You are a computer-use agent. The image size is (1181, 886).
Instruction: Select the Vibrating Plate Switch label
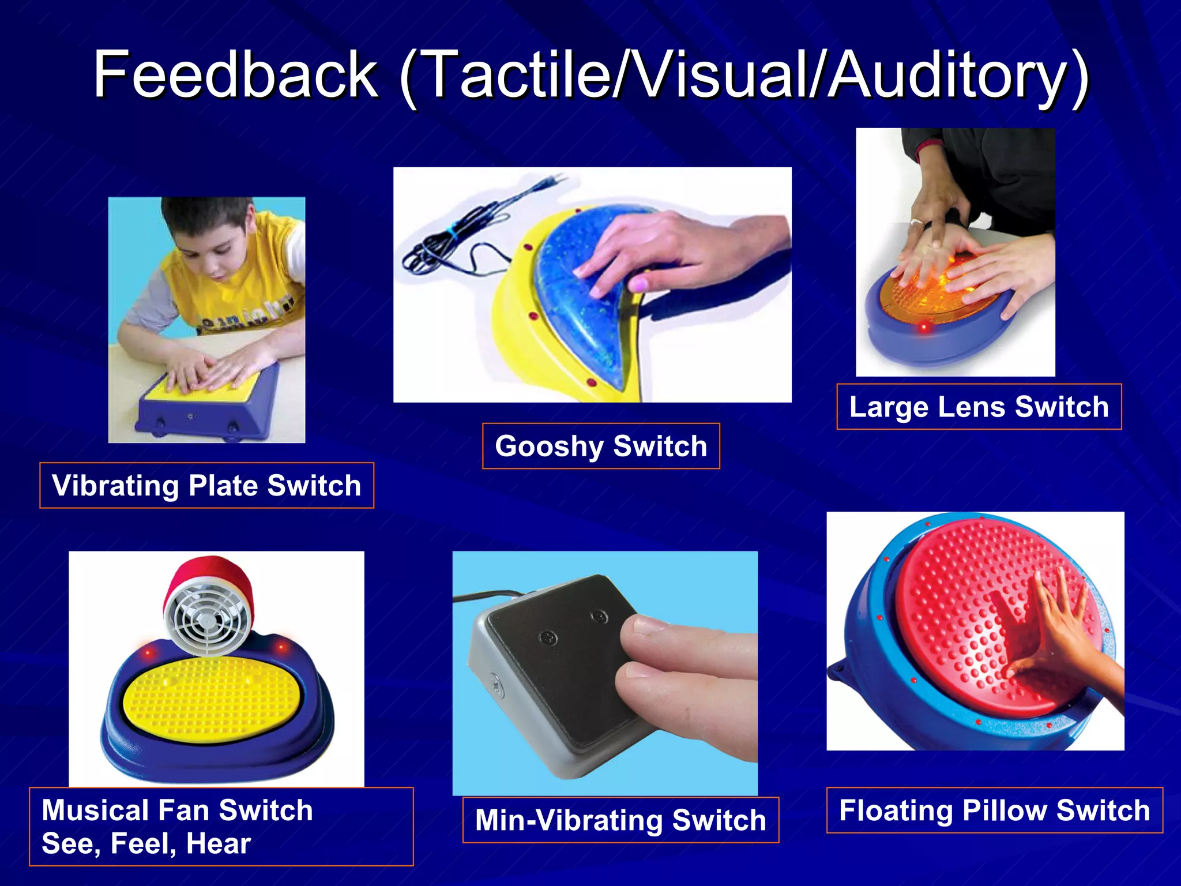206,486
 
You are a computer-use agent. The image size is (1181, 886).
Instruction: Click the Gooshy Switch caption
601,446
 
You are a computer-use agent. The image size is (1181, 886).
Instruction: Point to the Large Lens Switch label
979,407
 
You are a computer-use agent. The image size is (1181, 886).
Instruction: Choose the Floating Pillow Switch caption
994,810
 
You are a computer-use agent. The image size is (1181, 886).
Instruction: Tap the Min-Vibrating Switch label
620,820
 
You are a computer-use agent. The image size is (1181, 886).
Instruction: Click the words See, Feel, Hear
146,844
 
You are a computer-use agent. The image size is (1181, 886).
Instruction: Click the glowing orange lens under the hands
934,294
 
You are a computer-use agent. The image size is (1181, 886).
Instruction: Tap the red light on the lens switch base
924,327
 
